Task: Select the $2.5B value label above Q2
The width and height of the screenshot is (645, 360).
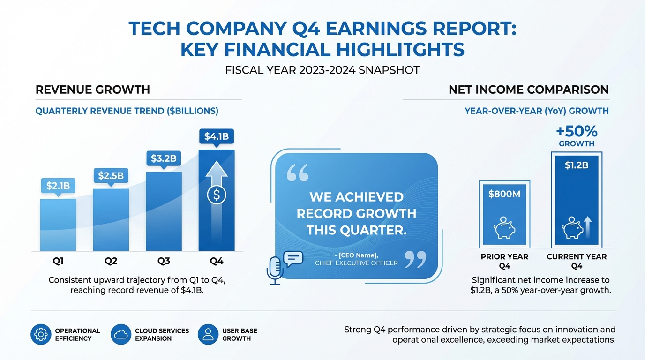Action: click(111, 176)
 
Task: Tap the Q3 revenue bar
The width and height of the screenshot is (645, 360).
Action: click(164, 211)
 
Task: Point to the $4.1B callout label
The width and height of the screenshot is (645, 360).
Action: click(216, 136)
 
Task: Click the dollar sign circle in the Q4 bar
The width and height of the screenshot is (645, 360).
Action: click(216, 195)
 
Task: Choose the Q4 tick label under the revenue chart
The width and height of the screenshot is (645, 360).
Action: click(216, 261)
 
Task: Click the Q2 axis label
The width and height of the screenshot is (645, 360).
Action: click(111, 261)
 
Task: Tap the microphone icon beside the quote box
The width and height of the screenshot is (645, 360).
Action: click(275, 270)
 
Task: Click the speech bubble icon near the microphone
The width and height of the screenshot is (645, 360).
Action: click(293, 258)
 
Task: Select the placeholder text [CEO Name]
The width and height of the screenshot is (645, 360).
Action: click(356, 255)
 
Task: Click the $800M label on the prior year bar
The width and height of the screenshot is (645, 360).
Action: click(504, 194)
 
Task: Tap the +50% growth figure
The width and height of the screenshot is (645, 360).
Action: click(576, 131)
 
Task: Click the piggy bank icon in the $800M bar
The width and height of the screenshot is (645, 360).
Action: click(504, 228)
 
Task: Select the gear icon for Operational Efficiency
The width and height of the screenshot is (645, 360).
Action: click(41, 334)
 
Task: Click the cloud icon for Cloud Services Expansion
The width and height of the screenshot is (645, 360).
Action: click(121, 334)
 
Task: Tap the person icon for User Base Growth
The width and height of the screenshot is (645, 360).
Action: click(208, 334)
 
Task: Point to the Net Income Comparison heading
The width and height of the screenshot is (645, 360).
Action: click(528, 90)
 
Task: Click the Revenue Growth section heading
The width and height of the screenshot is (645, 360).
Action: click(93, 90)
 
